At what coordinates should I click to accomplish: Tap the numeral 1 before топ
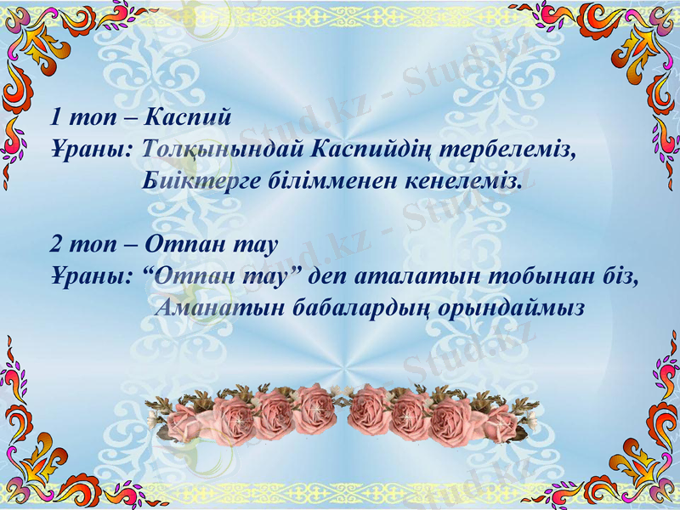click(55, 115)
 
